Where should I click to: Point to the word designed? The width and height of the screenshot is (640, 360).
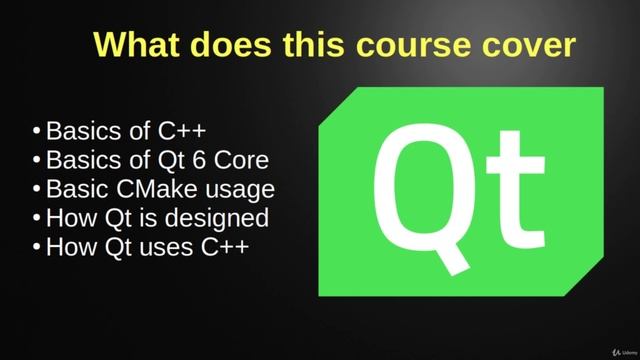click(x=226, y=217)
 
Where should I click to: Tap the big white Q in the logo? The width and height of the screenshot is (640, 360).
click(x=417, y=195)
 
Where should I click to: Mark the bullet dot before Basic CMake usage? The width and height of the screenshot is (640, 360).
click(x=37, y=189)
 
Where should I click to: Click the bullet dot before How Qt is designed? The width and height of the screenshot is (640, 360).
click(x=37, y=218)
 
